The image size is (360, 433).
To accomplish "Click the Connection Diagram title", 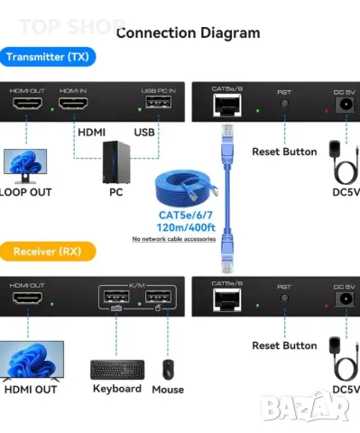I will click(x=188, y=33).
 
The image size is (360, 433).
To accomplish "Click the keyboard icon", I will click(x=117, y=369).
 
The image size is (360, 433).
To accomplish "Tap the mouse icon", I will click(x=167, y=369).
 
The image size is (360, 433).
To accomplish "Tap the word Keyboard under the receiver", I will click(x=117, y=389).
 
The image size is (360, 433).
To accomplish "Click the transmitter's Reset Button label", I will click(x=284, y=152).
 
